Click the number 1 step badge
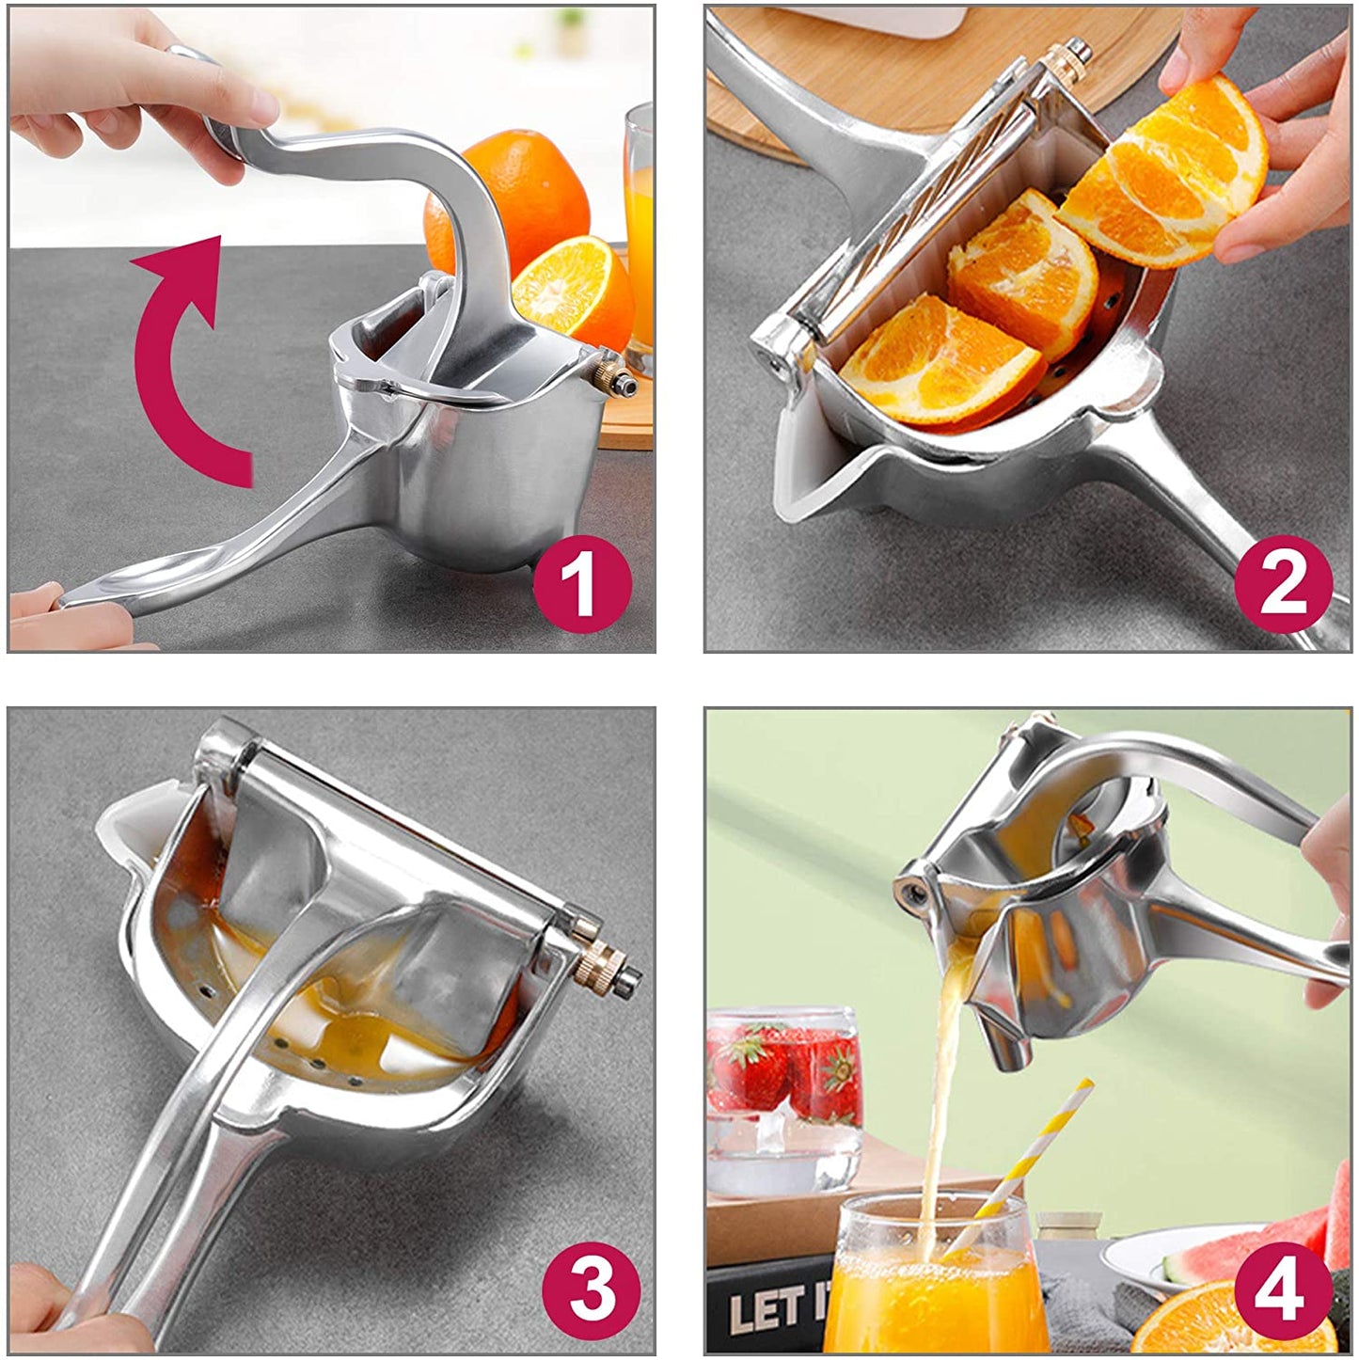tap(581, 585)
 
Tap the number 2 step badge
tap(1284, 585)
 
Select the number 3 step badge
tap(593, 1288)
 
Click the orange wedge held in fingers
tap(1166, 174)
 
